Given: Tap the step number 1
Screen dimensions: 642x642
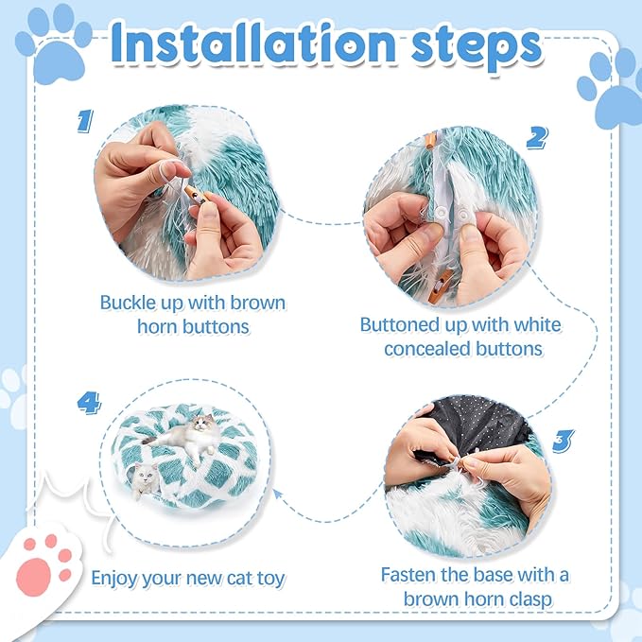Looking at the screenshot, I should (x=85, y=121).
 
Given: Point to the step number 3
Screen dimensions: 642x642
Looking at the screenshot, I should (x=563, y=441).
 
